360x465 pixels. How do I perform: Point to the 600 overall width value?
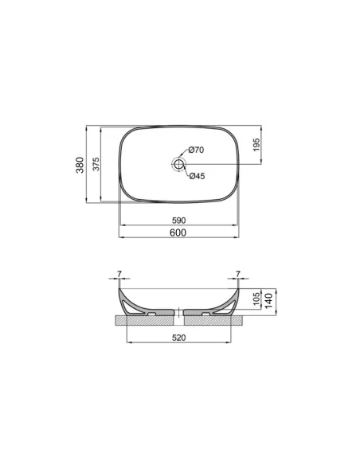click(x=178, y=232)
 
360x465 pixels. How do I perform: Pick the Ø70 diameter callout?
click(x=197, y=150)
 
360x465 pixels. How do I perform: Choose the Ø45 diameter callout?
click(x=197, y=176)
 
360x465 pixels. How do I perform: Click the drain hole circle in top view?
click(x=178, y=165)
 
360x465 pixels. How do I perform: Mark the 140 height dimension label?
click(x=269, y=300)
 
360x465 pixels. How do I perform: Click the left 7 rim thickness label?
click(x=119, y=274)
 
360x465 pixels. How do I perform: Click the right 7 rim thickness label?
click(x=238, y=274)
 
